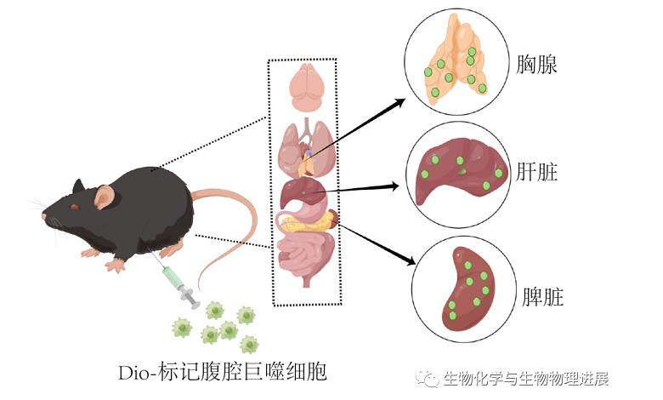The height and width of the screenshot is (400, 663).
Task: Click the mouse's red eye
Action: (x=75, y=206)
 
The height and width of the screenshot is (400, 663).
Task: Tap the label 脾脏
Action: (x=539, y=297)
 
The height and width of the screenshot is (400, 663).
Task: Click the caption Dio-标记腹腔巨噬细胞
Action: (x=225, y=372)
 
